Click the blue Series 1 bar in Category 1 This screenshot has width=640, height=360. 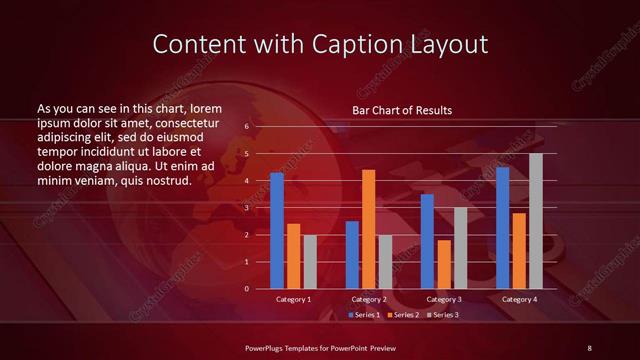click(x=277, y=231)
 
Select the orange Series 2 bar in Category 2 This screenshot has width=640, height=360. click(x=368, y=229)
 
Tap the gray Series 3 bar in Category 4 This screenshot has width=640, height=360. click(x=536, y=221)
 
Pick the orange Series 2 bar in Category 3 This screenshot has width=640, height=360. click(x=443, y=264)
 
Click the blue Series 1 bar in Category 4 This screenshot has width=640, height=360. click(x=502, y=228)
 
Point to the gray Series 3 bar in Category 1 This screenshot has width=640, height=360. click(x=310, y=262)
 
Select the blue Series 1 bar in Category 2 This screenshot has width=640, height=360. click(x=352, y=255)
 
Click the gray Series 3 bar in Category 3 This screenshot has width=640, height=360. click(x=460, y=248)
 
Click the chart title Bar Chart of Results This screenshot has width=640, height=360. click(x=402, y=110)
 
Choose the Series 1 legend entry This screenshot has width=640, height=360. click(x=361, y=315)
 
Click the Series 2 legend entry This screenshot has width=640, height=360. click(x=403, y=315)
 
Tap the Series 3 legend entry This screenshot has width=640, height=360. click(x=445, y=315)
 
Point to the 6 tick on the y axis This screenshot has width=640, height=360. click(x=247, y=127)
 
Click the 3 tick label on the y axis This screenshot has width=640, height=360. click(x=247, y=208)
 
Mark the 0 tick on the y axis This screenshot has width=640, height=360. click(x=247, y=289)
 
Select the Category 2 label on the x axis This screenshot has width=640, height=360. click(x=369, y=299)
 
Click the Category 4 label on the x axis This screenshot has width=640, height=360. click(x=518, y=299)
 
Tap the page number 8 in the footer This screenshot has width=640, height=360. click(x=589, y=347)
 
